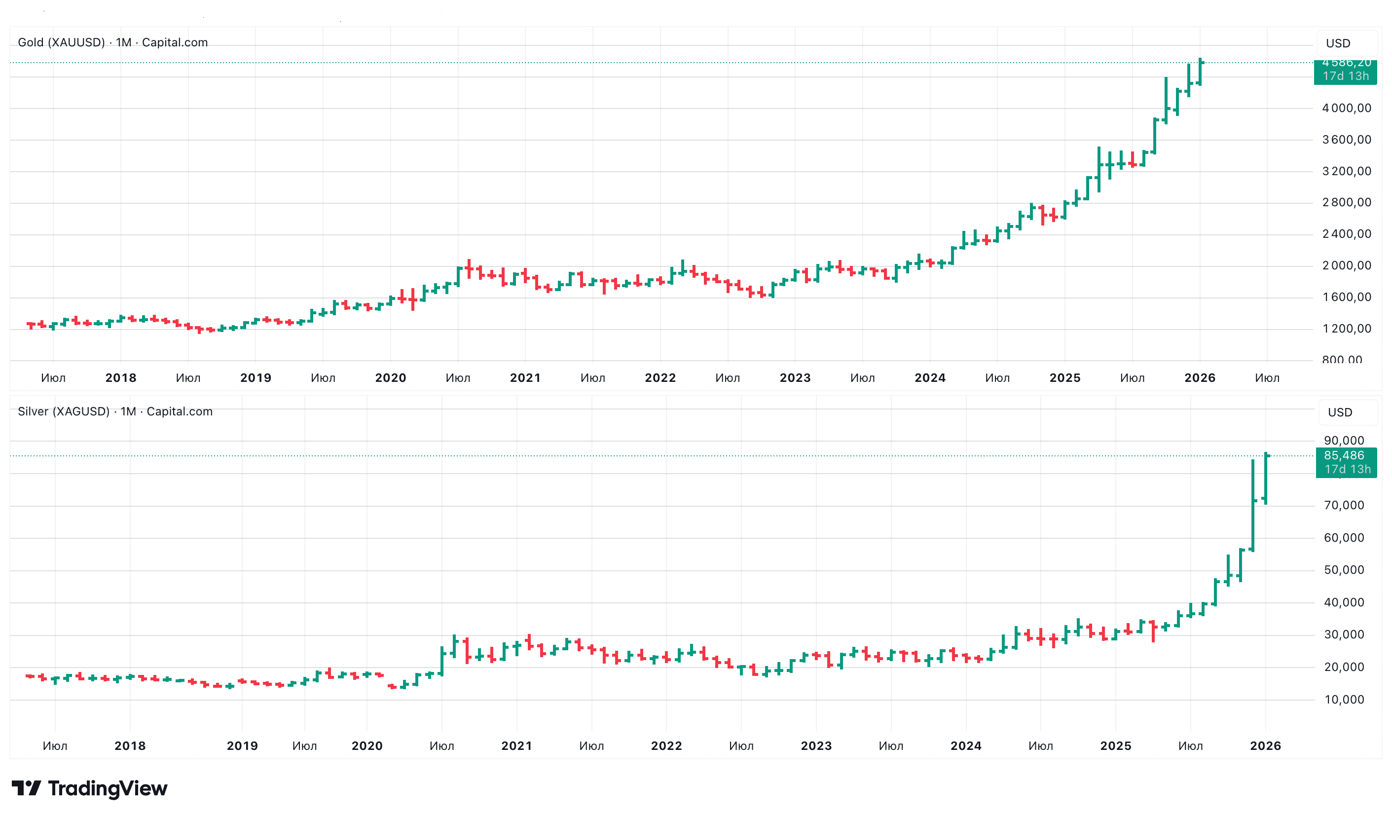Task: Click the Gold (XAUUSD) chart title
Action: pos(112,42)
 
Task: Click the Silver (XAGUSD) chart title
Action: pos(115,411)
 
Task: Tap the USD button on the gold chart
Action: pos(1338,43)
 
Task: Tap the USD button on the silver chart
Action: pos(1340,412)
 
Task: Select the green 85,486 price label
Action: pos(1346,462)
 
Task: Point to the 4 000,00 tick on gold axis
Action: pos(1346,108)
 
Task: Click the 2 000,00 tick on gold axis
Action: pos(1346,265)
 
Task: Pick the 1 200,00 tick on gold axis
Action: pos(1346,329)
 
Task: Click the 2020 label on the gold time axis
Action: pos(391,378)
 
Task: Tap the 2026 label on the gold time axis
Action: pos(1199,378)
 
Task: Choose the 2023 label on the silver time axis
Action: pos(816,746)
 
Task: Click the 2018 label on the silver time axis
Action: pos(130,746)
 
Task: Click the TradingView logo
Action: pos(89,788)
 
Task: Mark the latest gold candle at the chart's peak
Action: pos(1200,72)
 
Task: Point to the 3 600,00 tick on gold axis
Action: pos(1346,140)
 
